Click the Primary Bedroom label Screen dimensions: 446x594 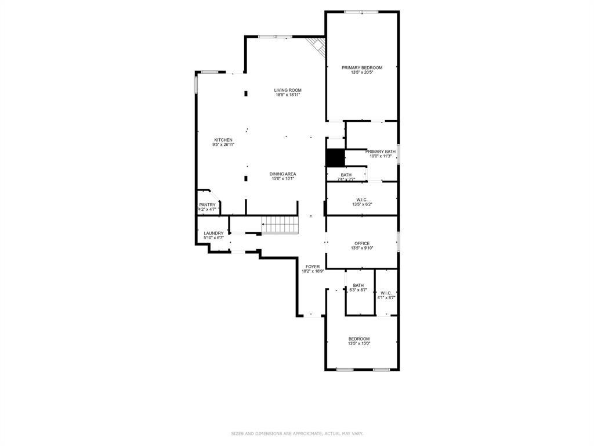coord(361,68)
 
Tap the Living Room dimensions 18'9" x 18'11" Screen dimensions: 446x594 coord(288,95)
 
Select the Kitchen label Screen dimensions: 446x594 coord(223,140)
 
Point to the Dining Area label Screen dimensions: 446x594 coord(283,174)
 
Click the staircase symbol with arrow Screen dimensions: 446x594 coord(280,224)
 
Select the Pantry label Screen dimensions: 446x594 coord(207,204)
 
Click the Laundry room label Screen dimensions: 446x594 coord(213,233)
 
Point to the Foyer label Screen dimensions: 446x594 coord(313,267)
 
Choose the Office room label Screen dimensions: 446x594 coord(361,243)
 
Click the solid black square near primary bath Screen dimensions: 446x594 coord(335,158)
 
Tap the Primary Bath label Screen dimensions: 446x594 coord(380,152)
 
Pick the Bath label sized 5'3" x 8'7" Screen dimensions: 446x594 coord(358,285)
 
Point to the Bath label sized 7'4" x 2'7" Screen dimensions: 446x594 coord(346,175)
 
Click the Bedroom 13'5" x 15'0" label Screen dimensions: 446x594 coord(358,339)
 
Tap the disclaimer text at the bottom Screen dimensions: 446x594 coord(297,433)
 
